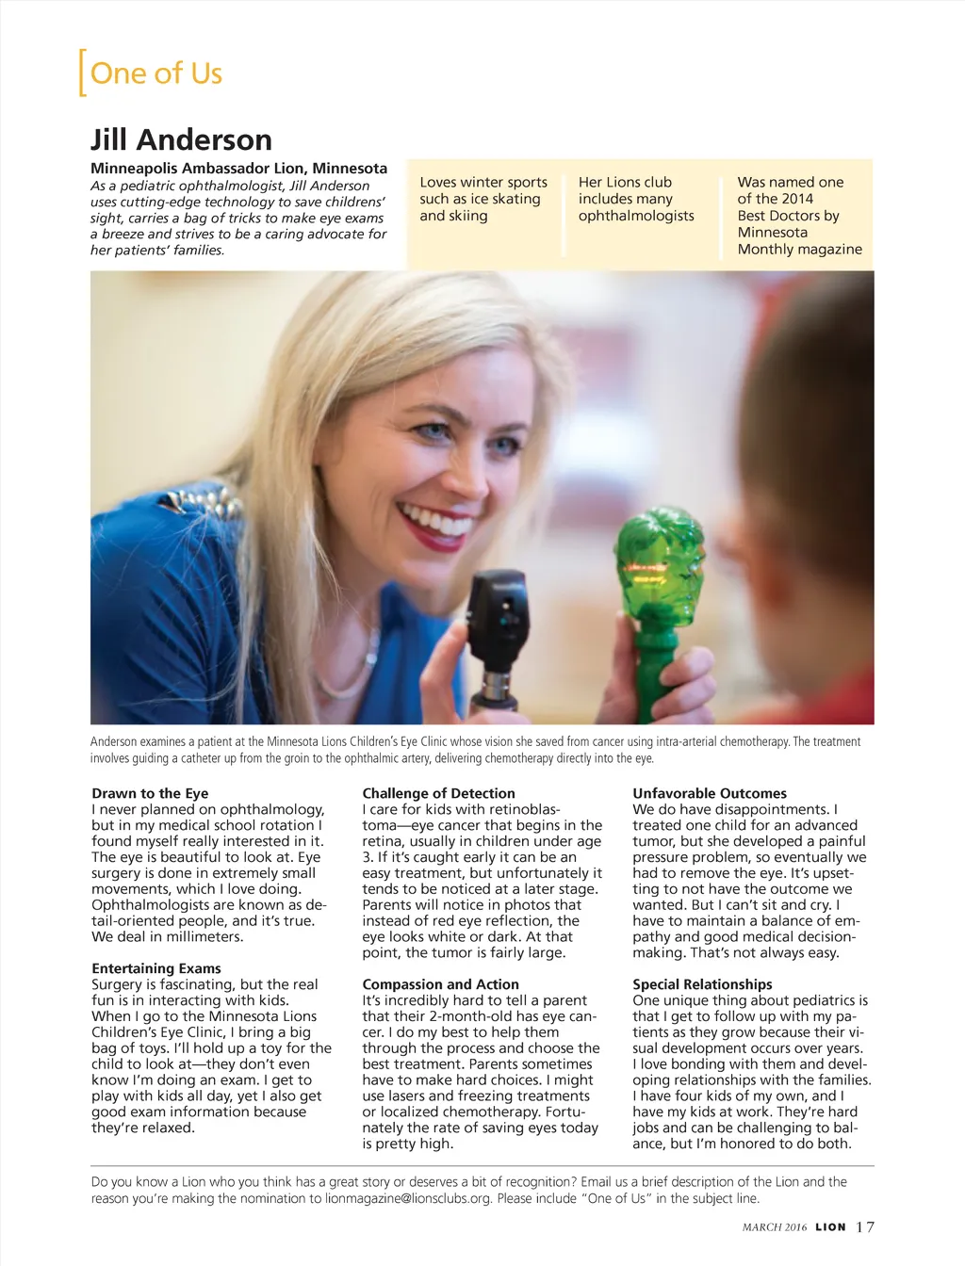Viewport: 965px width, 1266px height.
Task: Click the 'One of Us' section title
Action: click(x=155, y=73)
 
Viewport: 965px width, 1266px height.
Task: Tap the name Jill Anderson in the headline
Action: click(x=181, y=139)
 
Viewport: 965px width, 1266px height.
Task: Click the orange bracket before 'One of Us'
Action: click(x=83, y=73)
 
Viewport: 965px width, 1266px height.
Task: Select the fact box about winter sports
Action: click(x=482, y=199)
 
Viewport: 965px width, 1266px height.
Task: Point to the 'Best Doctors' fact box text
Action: click(x=799, y=216)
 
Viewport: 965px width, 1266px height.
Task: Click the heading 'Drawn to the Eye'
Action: click(x=150, y=793)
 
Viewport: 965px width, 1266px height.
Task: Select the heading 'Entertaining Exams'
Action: click(x=156, y=968)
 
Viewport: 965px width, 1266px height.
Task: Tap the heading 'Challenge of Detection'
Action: click(x=438, y=793)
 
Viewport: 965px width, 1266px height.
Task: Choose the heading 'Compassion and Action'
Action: click(x=440, y=984)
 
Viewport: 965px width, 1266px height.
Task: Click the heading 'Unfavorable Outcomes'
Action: click(x=709, y=793)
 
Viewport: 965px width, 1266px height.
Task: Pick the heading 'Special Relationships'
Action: click(x=702, y=984)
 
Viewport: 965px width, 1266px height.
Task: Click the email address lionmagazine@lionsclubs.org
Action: click(x=408, y=1198)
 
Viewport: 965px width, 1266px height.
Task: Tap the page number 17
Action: click(x=865, y=1226)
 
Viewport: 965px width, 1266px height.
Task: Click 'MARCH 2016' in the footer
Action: click(x=775, y=1227)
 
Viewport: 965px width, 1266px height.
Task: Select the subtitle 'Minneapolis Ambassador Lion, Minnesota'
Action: click(x=238, y=168)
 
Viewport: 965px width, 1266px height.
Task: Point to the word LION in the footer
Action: click(x=830, y=1227)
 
